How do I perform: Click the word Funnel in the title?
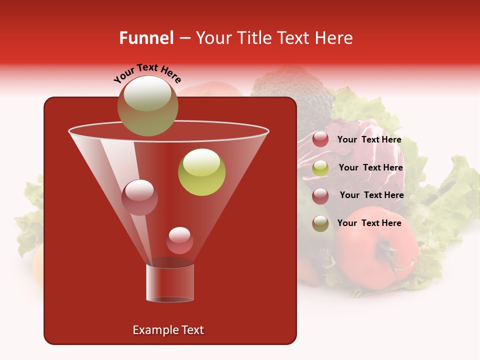(x=146, y=38)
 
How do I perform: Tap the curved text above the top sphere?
(x=147, y=73)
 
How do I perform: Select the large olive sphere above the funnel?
(x=147, y=106)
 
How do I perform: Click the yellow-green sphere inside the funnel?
(x=202, y=172)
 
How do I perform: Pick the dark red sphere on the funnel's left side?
(x=139, y=197)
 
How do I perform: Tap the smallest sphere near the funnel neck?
(x=179, y=240)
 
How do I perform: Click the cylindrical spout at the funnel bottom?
(x=170, y=283)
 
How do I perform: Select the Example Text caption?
(x=168, y=330)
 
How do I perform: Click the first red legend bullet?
(x=320, y=139)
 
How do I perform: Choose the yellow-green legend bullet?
(x=320, y=167)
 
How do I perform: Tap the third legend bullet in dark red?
(x=320, y=195)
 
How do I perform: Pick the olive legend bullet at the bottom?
(x=320, y=223)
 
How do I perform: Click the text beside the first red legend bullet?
(x=369, y=140)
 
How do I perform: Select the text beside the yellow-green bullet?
(x=370, y=168)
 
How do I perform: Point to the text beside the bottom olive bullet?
(x=369, y=223)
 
